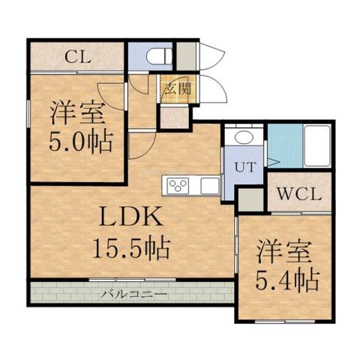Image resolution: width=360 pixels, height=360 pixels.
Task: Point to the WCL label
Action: click(298, 193)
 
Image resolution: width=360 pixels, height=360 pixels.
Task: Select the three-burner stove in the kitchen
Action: click(179, 185)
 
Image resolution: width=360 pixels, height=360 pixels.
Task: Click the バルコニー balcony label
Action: click(135, 293)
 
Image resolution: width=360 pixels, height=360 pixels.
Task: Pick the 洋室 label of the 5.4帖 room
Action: click(285, 250)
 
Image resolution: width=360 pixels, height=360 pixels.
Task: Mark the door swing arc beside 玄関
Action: click(214, 94)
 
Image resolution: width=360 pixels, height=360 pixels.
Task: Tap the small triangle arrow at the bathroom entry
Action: click(273, 160)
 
